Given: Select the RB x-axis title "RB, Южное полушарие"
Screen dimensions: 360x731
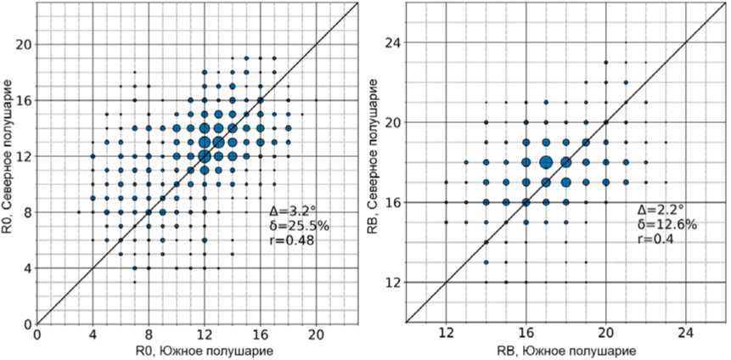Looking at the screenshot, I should point(565,350).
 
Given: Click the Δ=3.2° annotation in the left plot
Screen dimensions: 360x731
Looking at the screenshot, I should point(288,209).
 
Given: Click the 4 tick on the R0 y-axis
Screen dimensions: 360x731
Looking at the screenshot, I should point(27,268).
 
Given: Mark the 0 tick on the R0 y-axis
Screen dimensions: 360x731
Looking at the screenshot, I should point(27,323).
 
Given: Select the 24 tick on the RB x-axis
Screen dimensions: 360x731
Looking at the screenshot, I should point(685,335).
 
